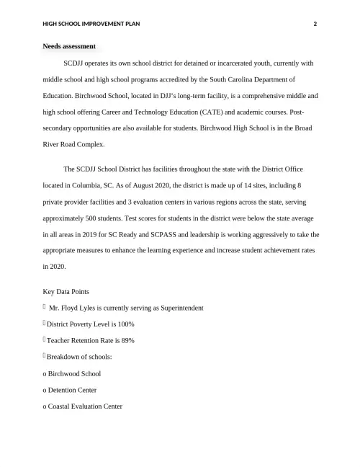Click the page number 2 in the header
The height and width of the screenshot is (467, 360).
click(x=315, y=24)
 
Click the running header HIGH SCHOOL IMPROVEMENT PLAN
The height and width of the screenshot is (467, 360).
click(x=91, y=24)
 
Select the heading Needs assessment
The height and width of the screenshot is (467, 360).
click(x=69, y=46)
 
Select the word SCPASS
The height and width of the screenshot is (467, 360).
click(x=169, y=235)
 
